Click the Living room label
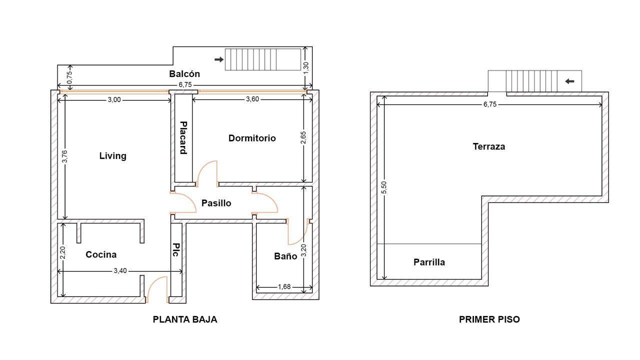coord(113,156)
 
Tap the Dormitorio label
coord(252,138)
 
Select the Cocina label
coord(101,254)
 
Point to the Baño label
coord(285,256)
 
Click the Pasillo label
coord(216,203)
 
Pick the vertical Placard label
coord(183,137)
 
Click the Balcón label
coord(184,73)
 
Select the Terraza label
coord(489,146)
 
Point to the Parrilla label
coord(429,262)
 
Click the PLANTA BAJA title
coord(185,319)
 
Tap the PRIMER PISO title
coord(489,319)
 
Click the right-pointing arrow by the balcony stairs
coord(219,59)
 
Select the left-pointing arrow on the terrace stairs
coord(569,81)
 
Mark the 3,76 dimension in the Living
coord(65,156)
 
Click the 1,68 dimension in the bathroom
coord(284,286)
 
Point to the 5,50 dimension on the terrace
coord(384,187)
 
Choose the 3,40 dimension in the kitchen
coord(120,270)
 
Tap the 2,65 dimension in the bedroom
coord(303,137)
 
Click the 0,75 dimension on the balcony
coord(69,77)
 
